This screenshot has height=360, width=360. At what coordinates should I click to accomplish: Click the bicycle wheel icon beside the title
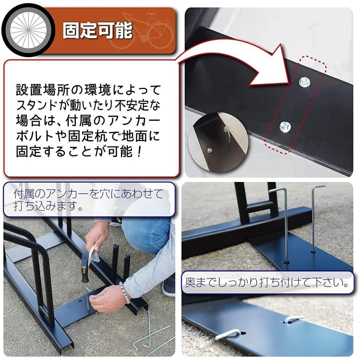(28, 30)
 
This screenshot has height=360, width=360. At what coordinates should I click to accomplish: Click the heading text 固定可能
(98, 30)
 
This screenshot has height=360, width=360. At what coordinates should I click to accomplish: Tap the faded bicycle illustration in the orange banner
(141, 30)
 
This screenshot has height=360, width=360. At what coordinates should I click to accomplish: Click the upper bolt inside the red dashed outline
(305, 82)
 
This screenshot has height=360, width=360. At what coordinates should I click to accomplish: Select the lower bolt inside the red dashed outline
(285, 127)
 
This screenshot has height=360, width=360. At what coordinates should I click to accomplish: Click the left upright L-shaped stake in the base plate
(284, 225)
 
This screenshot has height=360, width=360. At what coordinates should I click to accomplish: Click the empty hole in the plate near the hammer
(80, 301)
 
